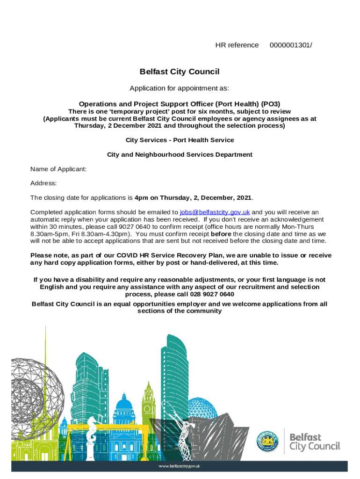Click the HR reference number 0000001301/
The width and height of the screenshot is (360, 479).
(291, 45)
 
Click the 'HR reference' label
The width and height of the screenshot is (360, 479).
(237, 45)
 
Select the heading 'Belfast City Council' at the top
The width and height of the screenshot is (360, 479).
(180, 72)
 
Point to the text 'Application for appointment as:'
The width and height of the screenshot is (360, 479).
(180, 88)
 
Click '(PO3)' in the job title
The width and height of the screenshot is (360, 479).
(271, 104)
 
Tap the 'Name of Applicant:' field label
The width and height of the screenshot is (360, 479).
(58, 169)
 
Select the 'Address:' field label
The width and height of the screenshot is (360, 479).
(43, 183)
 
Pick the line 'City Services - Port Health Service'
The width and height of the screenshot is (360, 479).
(180, 140)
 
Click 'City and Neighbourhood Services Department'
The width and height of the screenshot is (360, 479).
(180, 154)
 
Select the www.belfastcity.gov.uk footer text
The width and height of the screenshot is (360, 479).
(180, 466)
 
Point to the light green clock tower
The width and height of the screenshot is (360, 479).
(148, 402)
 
